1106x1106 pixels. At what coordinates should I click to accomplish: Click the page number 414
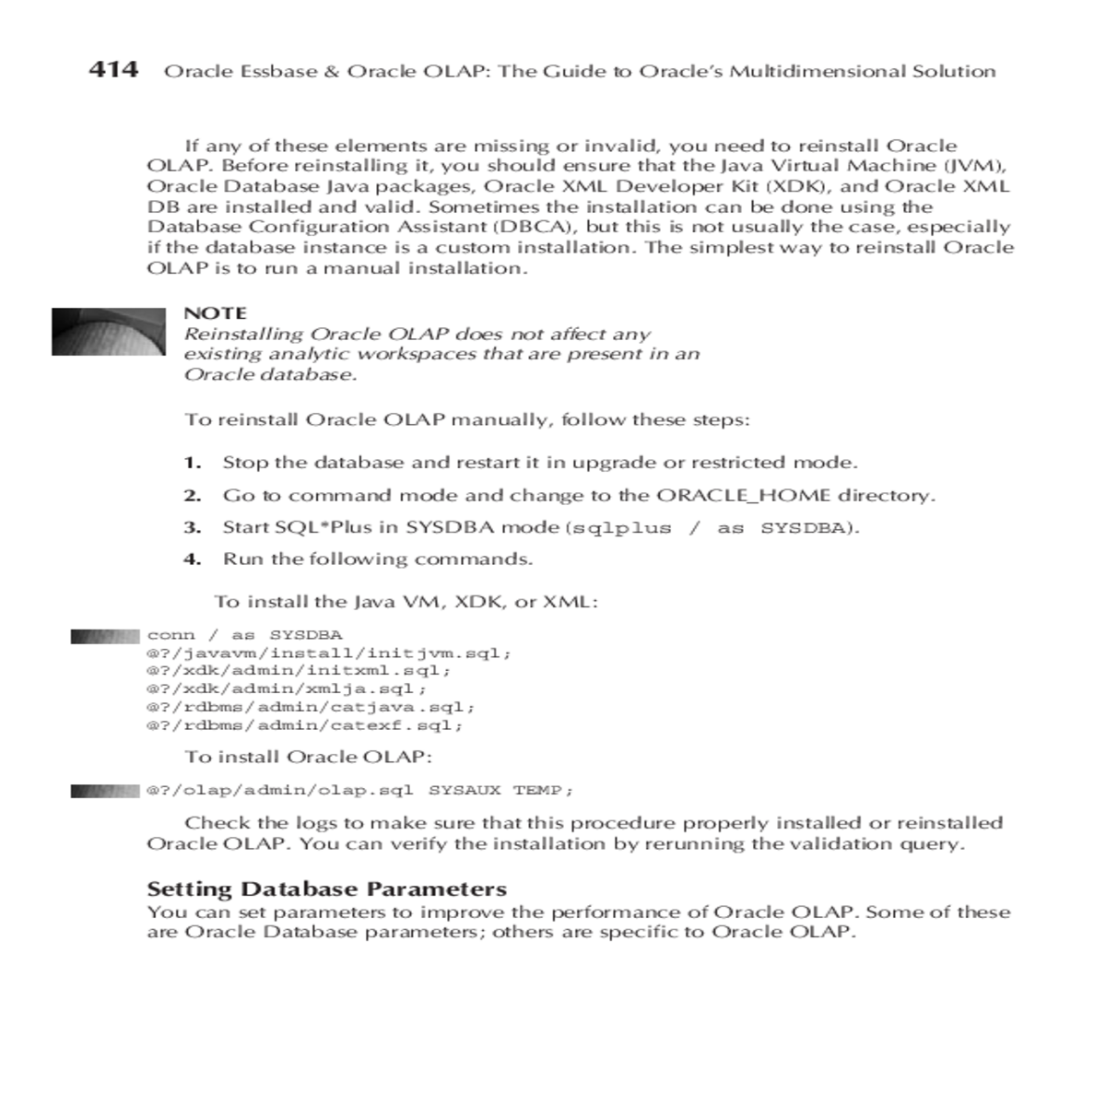(x=113, y=70)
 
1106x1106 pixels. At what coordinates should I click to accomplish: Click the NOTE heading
(x=215, y=313)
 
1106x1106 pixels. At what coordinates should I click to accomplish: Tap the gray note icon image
(x=108, y=331)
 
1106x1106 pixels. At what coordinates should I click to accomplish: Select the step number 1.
(x=192, y=463)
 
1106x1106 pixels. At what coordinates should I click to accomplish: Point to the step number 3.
(x=192, y=527)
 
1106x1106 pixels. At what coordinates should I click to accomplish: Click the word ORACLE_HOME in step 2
(x=744, y=495)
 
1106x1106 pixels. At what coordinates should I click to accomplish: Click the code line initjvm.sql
(x=328, y=653)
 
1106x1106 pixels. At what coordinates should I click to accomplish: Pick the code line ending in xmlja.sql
(x=287, y=688)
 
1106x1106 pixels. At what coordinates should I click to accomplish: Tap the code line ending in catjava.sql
(x=311, y=707)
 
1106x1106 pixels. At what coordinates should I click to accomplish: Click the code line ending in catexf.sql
(x=305, y=725)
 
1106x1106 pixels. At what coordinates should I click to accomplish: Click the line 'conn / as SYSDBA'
(x=244, y=635)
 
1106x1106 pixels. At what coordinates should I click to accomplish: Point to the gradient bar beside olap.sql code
(x=105, y=791)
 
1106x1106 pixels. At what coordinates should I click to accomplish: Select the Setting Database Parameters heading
(x=327, y=889)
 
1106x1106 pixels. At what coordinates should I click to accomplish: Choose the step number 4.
(x=192, y=559)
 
